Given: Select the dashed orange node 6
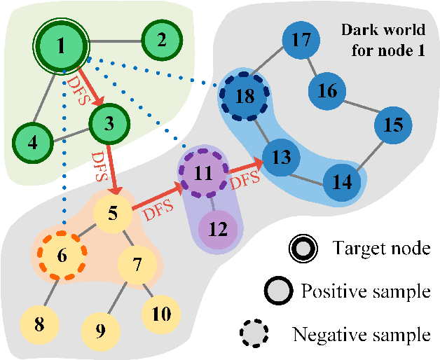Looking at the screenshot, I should click(61, 256).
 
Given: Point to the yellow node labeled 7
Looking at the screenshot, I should click(137, 265).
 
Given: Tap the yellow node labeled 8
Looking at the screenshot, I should click(39, 324).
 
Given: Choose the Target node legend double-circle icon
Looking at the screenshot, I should click(303, 247).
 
